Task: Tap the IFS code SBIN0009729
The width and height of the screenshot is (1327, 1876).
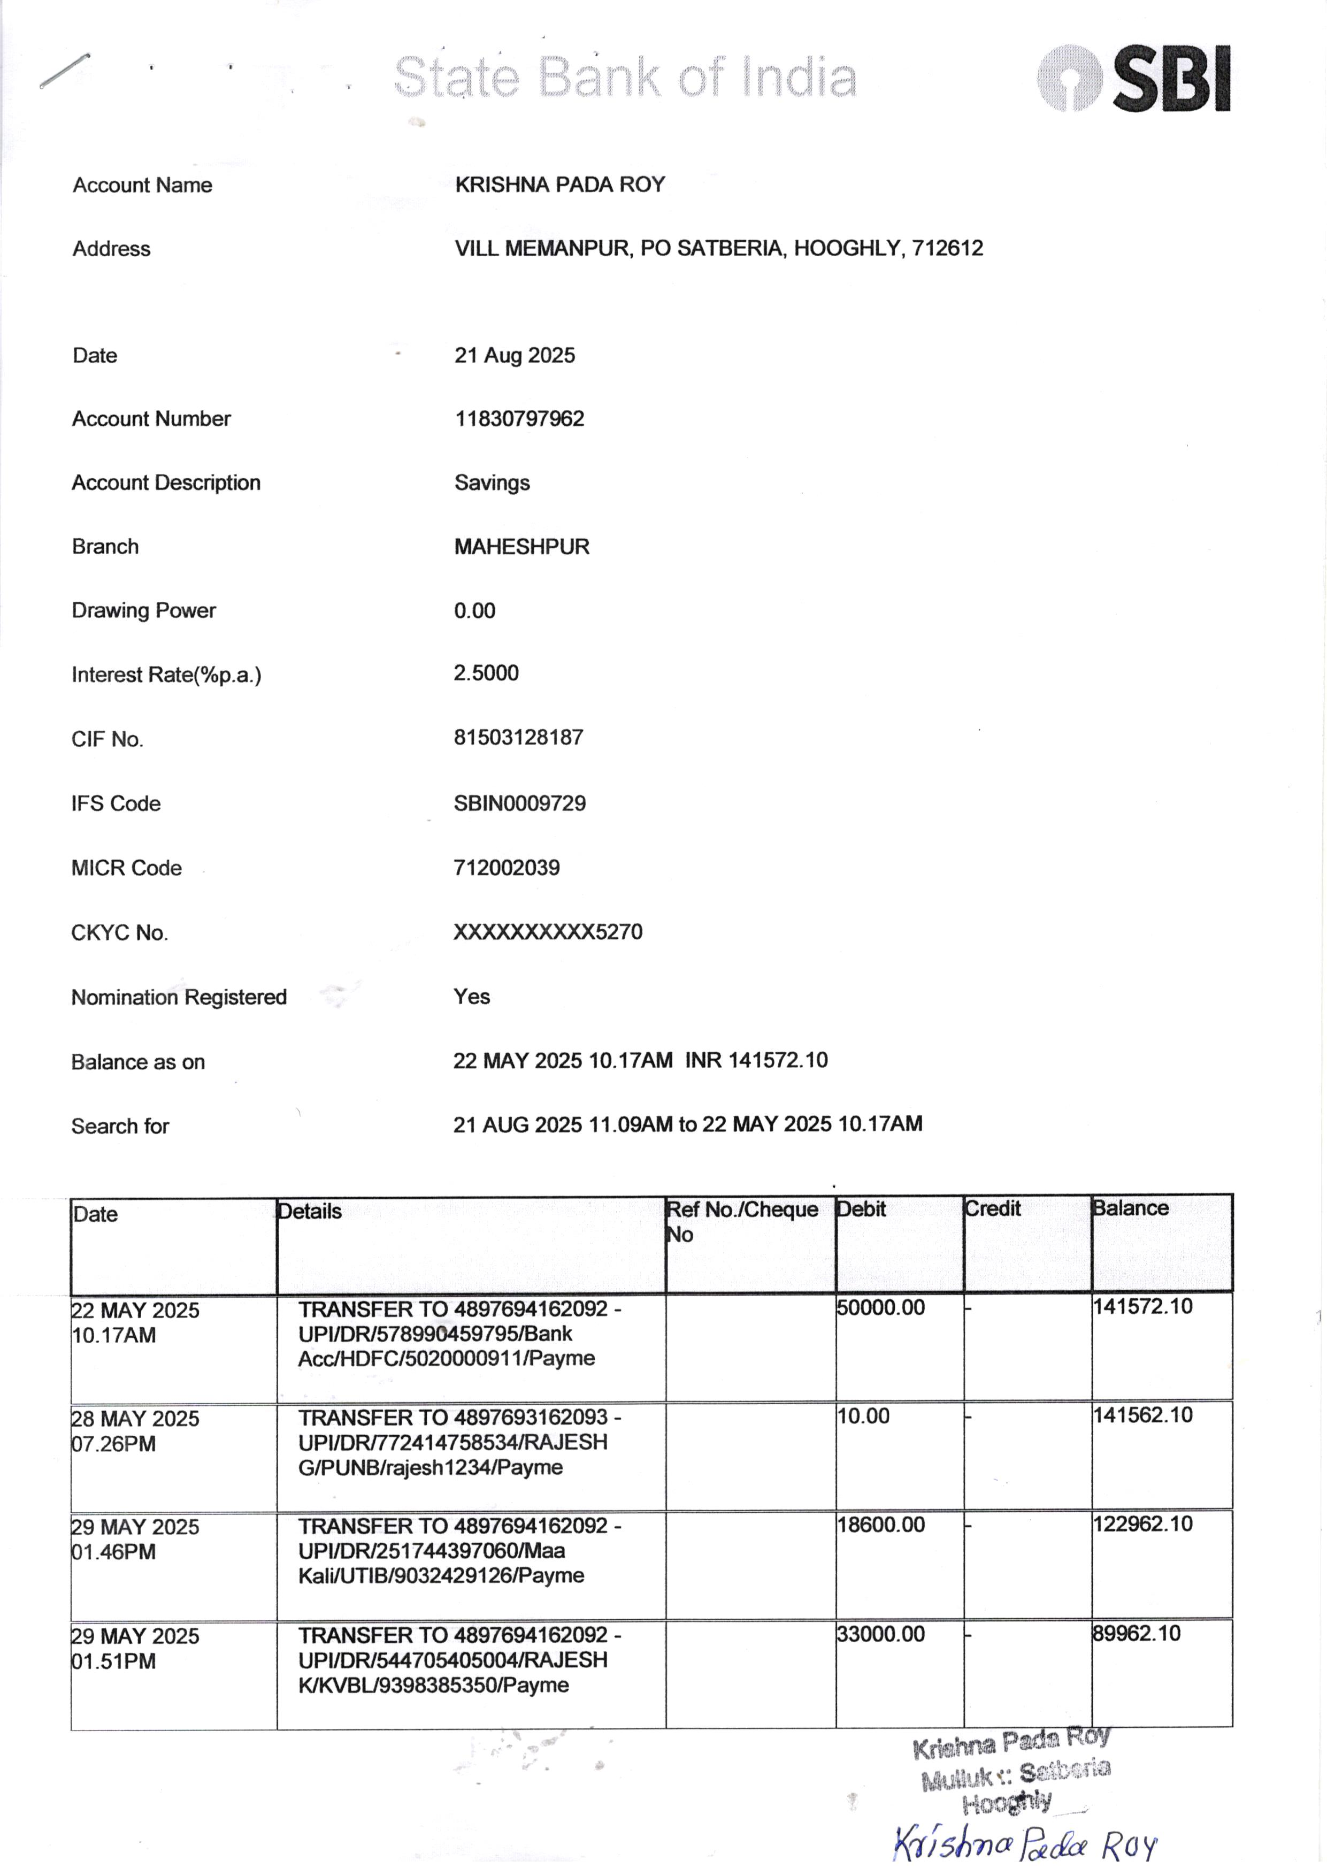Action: pos(520,802)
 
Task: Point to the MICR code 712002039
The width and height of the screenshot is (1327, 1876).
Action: pos(507,867)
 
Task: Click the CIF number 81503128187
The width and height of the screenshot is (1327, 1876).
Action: pos(518,737)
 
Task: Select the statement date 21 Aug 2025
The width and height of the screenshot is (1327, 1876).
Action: pos(515,355)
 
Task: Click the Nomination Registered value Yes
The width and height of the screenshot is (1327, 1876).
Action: pos(471,996)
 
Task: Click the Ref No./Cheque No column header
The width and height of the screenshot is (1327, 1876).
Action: pos(741,1221)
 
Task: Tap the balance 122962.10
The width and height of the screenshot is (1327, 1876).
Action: pos(1142,1524)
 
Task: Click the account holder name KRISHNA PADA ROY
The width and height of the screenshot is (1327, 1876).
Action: pos(559,185)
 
